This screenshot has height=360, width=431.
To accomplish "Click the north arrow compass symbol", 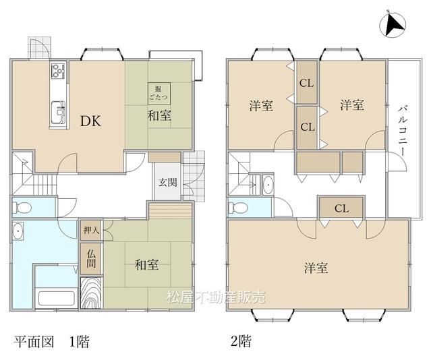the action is (x=393, y=24).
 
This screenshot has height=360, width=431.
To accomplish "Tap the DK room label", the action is (x=90, y=121).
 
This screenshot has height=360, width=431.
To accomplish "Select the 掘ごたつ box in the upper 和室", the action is (x=159, y=93).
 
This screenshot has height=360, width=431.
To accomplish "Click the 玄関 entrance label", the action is (x=168, y=182).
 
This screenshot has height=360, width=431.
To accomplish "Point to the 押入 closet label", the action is (x=91, y=230).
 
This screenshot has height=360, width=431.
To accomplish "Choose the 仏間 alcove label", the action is (x=91, y=259).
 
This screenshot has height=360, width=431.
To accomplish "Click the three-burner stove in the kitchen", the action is (x=58, y=71).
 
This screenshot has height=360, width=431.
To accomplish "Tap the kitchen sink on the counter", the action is (x=58, y=113).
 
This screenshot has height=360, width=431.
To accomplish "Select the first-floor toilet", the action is (x=22, y=207).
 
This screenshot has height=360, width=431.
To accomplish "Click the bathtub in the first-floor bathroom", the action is (x=57, y=298).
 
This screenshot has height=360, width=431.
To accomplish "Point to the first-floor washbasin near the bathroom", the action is (x=18, y=231).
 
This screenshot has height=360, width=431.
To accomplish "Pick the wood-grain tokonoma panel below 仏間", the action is (x=91, y=293).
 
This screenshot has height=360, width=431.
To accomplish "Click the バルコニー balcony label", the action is (x=402, y=131).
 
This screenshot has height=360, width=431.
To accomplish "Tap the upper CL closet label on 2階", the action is (x=306, y=83).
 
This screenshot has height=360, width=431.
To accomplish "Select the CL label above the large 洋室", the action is (x=342, y=208).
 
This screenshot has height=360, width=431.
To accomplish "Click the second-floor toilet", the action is (x=238, y=208).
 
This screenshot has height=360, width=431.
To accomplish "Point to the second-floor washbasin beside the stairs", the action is (x=268, y=185).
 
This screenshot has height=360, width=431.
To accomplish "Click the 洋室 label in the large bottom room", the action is (x=316, y=268).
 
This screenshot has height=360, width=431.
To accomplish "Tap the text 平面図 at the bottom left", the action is (x=34, y=342).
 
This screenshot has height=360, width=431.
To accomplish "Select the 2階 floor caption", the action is (x=241, y=341).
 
